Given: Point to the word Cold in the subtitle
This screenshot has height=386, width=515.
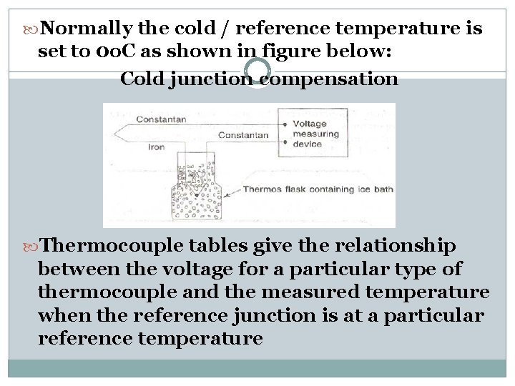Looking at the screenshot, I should [x=142, y=78].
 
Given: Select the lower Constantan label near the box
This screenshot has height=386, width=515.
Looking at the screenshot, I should [x=243, y=134].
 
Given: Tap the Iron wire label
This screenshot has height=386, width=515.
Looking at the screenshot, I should [x=156, y=147].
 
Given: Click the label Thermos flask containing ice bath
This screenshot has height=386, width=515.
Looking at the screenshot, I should [x=318, y=189].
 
